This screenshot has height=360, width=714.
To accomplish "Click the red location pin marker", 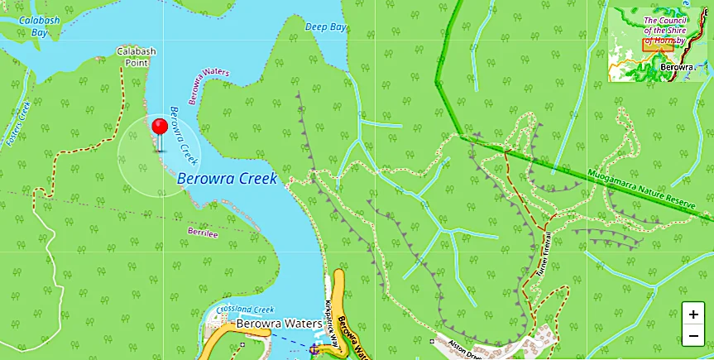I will click(160, 127).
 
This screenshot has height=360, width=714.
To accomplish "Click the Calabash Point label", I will click(137, 56).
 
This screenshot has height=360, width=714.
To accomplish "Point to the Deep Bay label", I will click(325, 27).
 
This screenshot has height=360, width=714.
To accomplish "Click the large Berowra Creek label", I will click(226, 178).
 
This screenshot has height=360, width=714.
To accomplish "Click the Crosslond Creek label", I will click(245, 309).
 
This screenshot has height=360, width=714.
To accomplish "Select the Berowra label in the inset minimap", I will click(676, 65).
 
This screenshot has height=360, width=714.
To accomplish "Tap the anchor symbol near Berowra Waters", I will click(314, 351).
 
